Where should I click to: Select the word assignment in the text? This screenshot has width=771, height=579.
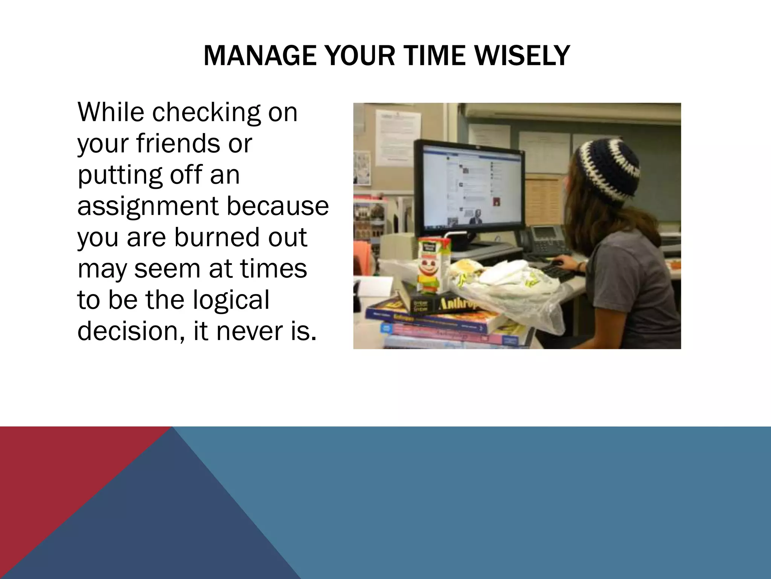(148, 206)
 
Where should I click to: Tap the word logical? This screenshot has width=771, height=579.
(231, 300)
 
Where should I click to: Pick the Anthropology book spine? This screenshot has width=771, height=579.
(452, 303)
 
